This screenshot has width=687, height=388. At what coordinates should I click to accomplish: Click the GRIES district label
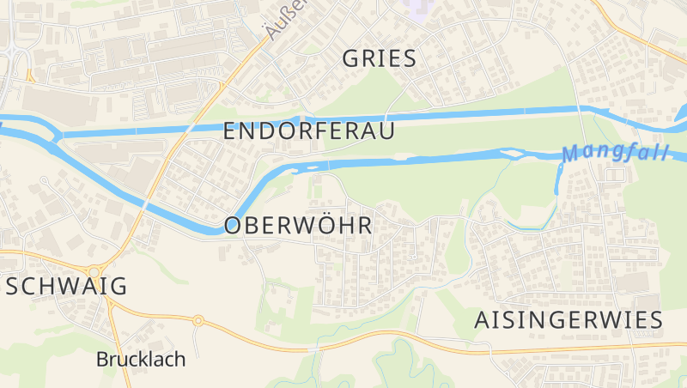point(379,58)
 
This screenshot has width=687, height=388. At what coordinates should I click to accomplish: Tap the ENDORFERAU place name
point(309,131)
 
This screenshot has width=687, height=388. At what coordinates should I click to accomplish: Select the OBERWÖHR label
point(298,226)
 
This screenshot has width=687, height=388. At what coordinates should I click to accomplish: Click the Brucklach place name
point(141,359)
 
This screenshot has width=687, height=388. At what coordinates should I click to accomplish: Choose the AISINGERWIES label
point(568,320)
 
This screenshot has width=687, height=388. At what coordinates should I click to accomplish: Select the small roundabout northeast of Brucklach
point(198,321)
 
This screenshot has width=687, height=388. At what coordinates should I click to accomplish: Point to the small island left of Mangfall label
point(513,154)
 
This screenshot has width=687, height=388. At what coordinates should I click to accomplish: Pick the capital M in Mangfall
point(571,155)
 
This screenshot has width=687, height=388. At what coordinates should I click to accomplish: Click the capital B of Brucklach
point(102,359)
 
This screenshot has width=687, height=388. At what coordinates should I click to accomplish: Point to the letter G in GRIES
point(350,58)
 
